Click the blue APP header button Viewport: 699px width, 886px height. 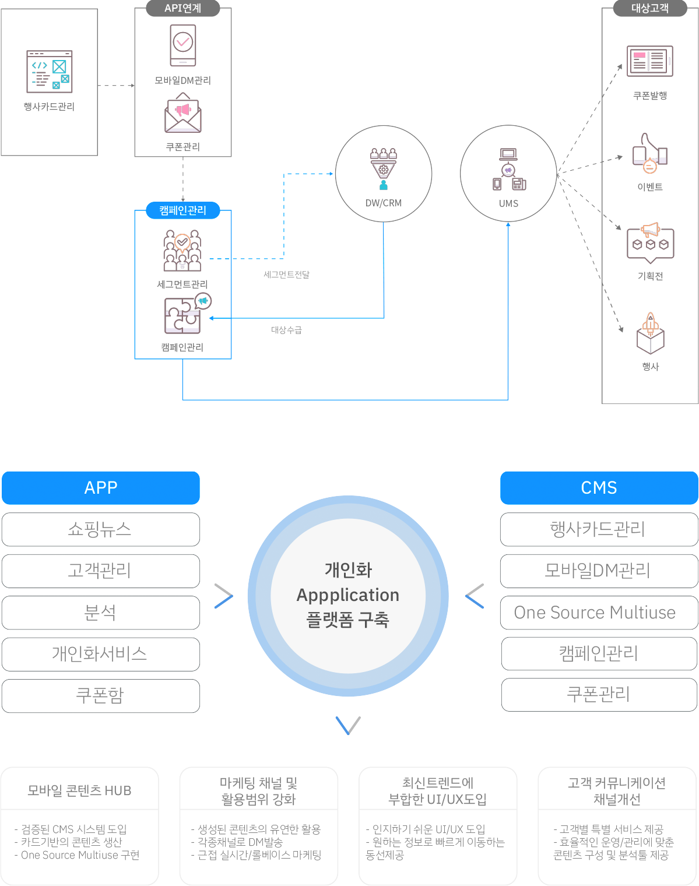click(101, 488)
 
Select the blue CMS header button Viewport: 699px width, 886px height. click(599, 488)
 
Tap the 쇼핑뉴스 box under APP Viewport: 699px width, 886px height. click(101, 529)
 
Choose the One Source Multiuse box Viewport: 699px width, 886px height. click(599, 613)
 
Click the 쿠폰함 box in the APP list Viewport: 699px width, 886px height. click(101, 695)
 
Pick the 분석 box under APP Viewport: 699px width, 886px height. click(101, 613)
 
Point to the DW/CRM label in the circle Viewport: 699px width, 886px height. click(384, 203)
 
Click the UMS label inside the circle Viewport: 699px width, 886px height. click(508, 204)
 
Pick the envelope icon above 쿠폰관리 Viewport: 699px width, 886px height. click(183, 113)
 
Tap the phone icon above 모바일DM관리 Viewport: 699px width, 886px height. click(183, 45)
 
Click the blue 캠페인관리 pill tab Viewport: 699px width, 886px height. click(183, 210)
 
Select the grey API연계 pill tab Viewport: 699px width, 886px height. click(183, 8)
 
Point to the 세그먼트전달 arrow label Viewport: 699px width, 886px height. click(287, 275)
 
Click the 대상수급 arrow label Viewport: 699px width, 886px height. click(287, 330)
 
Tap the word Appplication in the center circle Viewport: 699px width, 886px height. click(348, 595)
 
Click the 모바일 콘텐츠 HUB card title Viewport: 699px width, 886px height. click(80, 790)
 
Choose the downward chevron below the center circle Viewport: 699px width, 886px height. click(348, 725)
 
